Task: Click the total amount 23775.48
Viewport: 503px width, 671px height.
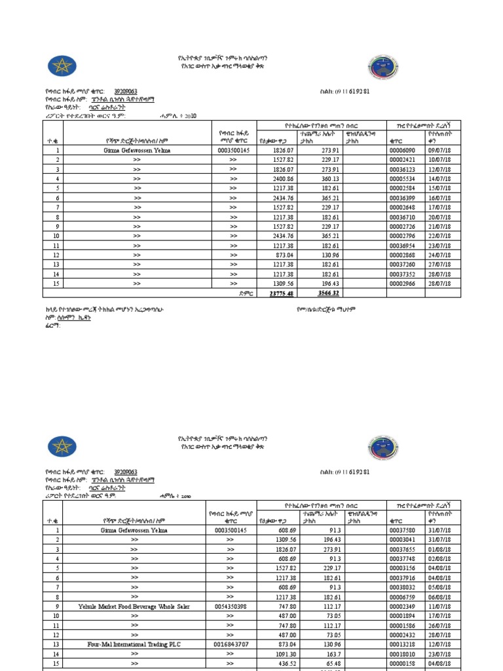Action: (282, 294)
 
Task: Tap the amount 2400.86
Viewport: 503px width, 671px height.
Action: (284, 178)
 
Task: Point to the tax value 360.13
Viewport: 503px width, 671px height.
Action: (328, 178)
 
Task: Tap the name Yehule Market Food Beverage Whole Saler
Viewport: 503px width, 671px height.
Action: (134, 607)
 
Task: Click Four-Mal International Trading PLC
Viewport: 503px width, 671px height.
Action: (134, 645)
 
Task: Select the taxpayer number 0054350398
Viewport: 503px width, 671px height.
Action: (230, 607)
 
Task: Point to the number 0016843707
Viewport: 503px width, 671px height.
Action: (230, 645)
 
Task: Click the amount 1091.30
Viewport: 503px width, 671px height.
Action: (284, 654)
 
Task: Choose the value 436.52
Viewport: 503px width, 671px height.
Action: (284, 664)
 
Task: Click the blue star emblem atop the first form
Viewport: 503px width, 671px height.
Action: (62, 66)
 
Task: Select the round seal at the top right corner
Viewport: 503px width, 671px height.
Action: (381, 67)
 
